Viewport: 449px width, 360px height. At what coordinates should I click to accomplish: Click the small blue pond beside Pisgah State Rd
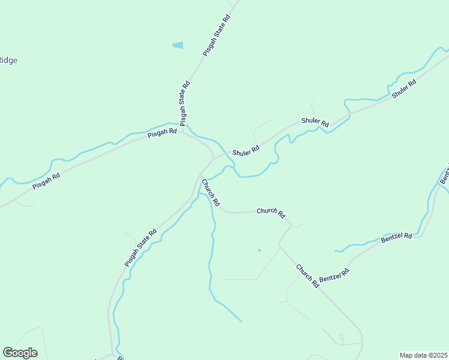click(178, 45)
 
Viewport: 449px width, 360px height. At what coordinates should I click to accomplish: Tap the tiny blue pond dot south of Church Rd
click(259, 250)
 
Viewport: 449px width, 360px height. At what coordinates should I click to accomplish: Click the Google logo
click(20, 353)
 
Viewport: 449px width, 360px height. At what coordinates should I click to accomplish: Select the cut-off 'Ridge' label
click(8, 60)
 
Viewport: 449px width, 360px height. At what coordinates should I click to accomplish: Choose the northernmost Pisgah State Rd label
click(217, 35)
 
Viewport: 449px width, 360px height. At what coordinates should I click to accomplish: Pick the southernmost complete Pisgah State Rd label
click(140, 247)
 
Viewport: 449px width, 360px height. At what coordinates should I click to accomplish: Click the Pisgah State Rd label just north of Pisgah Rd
click(185, 103)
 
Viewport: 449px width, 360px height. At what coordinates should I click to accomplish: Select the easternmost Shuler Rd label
click(404, 89)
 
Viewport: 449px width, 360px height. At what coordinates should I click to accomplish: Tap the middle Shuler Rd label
click(315, 122)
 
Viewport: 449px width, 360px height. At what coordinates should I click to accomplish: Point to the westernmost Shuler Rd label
click(246, 151)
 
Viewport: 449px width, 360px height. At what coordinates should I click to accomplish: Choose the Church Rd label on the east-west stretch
click(271, 212)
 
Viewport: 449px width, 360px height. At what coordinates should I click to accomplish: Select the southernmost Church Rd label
click(307, 275)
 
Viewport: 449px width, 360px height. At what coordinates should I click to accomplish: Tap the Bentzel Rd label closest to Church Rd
click(334, 277)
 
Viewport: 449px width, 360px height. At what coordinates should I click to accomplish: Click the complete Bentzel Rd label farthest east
click(396, 236)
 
